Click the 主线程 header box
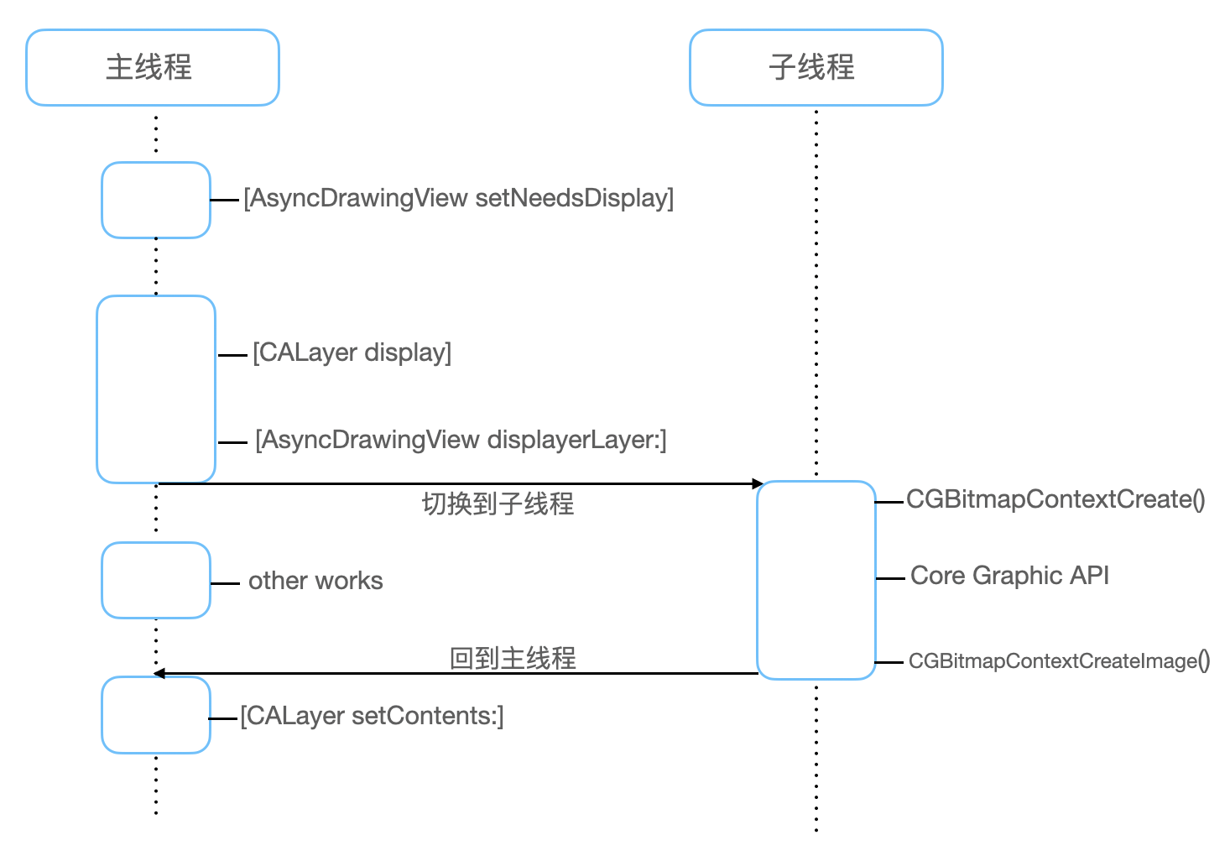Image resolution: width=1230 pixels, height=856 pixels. point(152,68)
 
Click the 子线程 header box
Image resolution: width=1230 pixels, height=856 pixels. point(816,68)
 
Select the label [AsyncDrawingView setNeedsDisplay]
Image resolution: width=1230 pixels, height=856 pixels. point(458,198)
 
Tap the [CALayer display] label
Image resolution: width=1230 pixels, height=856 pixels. point(352,352)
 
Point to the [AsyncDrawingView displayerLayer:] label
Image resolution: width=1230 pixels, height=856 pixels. point(461,440)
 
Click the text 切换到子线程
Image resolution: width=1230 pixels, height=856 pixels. point(498,504)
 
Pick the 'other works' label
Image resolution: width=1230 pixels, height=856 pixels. point(315,581)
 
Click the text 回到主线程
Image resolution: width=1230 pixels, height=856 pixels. point(513,658)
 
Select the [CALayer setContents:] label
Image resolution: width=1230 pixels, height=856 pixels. point(372,716)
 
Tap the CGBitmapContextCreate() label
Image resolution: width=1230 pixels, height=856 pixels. point(1055,499)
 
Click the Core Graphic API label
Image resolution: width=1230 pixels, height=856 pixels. point(1009,576)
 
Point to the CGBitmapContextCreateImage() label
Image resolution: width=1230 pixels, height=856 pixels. point(1059,661)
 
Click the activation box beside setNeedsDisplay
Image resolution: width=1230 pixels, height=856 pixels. point(156,200)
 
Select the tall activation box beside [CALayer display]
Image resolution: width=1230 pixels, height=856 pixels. point(156,389)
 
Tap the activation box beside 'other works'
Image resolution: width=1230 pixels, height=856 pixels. point(156,580)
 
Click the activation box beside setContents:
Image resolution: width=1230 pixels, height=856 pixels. point(156,715)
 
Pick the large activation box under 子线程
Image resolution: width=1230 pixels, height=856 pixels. point(816,580)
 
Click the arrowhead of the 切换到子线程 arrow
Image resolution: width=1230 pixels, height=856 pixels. point(758,483)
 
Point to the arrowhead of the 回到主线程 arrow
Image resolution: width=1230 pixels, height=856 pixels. point(159,673)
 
